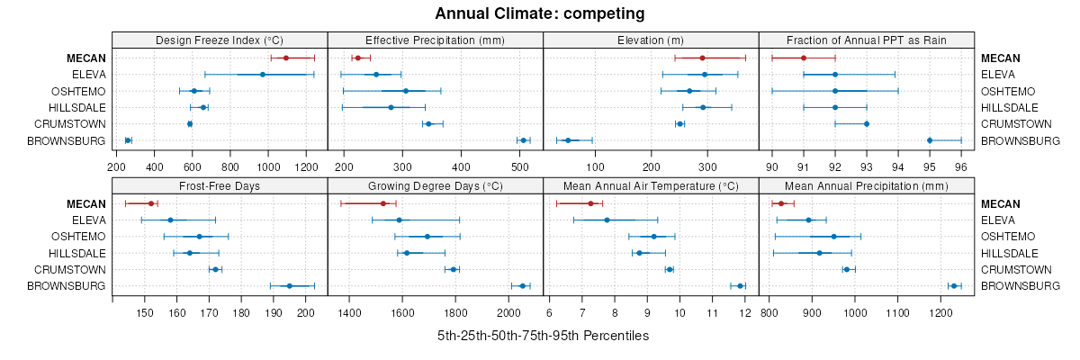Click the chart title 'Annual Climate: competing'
pyautogui.click(x=540, y=13)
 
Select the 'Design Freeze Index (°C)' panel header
pyautogui.click(x=220, y=40)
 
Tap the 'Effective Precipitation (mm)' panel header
pyautogui.click(x=436, y=40)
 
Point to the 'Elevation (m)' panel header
pyautogui.click(x=651, y=40)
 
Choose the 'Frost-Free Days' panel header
pyautogui.click(x=220, y=186)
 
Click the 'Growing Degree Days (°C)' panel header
pyautogui.click(x=436, y=186)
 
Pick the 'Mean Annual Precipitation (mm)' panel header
pyautogui.click(x=867, y=186)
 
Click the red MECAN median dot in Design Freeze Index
pyautogui.click(x=286, y=58)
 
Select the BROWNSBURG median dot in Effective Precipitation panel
pyautogui.click(x=523, y=140)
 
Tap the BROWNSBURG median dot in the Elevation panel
pyautogui.click(x=568, y=140)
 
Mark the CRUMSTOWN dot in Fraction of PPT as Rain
pyautogui.click(x=867, y=124)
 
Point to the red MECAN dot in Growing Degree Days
pyautogui.click(x=383, y=203)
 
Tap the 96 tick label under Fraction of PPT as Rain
pyautogui.click(x=961, y=166)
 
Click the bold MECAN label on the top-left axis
pyautogui.click(x=86, y=58)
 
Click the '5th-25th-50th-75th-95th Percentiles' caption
pyautogui.click(x=543, y=336)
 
